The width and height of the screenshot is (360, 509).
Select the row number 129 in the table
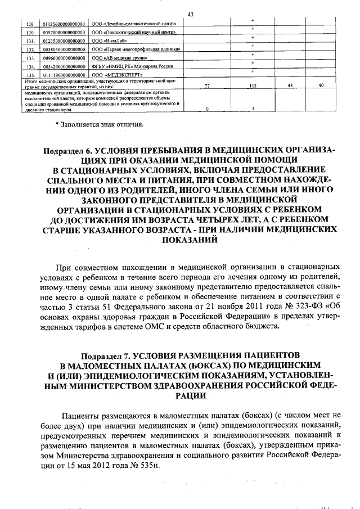(29, 24)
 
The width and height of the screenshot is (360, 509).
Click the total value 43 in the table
(289, 85)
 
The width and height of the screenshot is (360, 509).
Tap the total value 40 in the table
(321, 85)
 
